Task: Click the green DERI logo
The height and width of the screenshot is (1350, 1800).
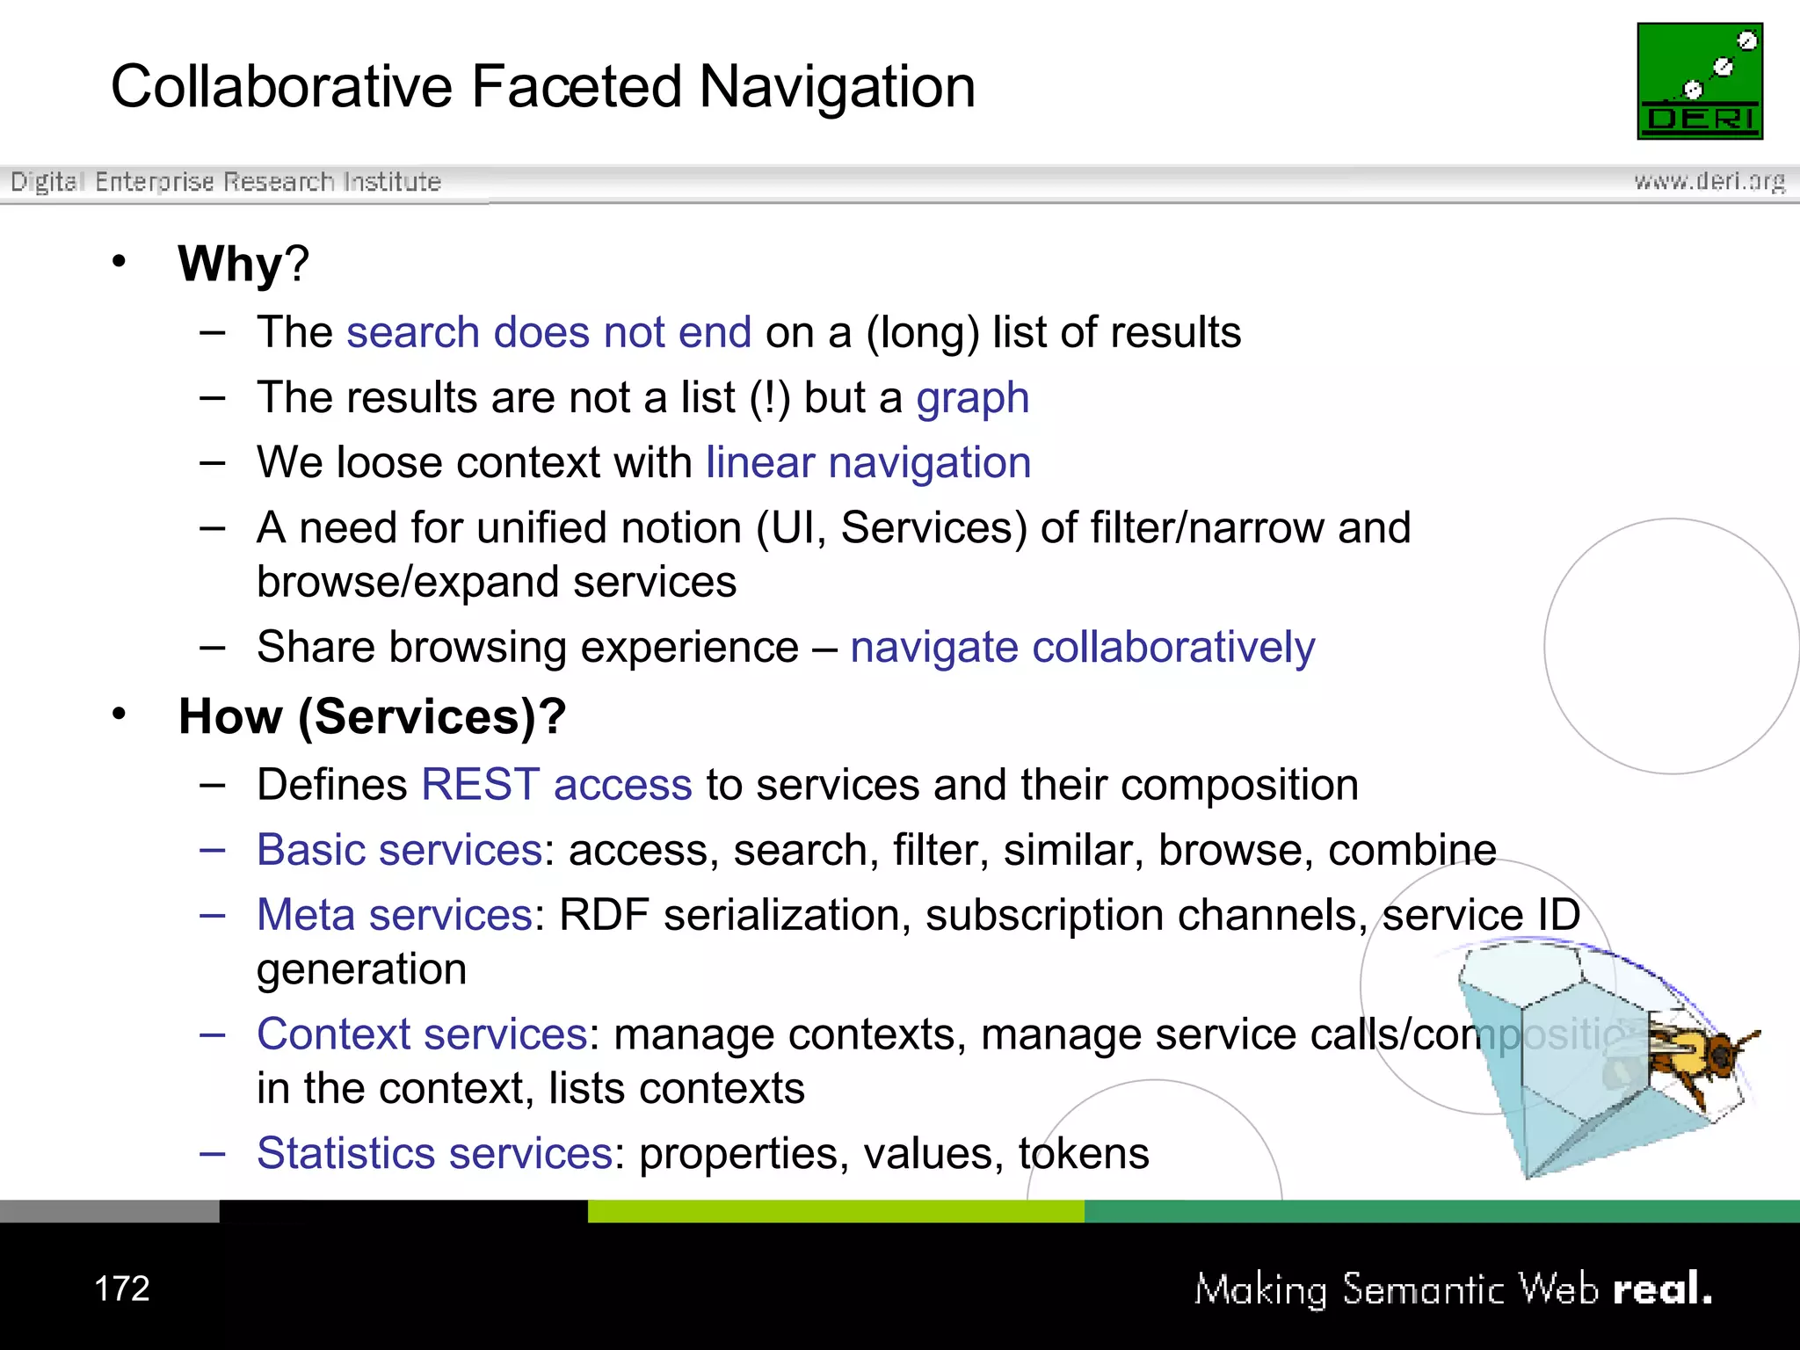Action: click(x=1699, y=81)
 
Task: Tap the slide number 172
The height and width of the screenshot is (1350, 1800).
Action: click(x=121, y=1288)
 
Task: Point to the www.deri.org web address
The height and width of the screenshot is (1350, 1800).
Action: click(x=1709, y=181)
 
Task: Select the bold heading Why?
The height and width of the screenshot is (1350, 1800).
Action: click(x=243, y=263)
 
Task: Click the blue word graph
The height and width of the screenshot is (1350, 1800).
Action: click(x=972, y=398)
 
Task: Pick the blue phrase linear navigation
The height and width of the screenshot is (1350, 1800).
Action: click(x=867, y=463)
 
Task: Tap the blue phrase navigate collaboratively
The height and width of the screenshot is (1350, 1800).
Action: click(x=1082, y=648)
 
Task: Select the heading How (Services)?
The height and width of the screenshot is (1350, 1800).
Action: click(x=372, y=716)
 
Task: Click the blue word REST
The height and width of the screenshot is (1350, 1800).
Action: click(x=480, y=784)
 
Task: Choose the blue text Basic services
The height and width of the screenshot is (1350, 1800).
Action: click(x=399, y=850)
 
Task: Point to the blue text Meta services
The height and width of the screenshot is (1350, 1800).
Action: click(x=394, y=915)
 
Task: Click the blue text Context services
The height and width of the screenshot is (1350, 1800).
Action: click(x=422, y=1034)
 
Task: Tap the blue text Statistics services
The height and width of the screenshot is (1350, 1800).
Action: click(x=434, y=1153)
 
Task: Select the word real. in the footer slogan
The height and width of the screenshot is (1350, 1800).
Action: click(x=1662, y=1289)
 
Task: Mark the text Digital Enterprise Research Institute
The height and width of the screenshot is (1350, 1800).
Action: click(x=225, y=182)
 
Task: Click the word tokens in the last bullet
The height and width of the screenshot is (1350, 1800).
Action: click(x=1083, y=1153)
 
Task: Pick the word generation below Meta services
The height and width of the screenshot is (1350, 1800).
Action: click(x=361, y=969)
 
